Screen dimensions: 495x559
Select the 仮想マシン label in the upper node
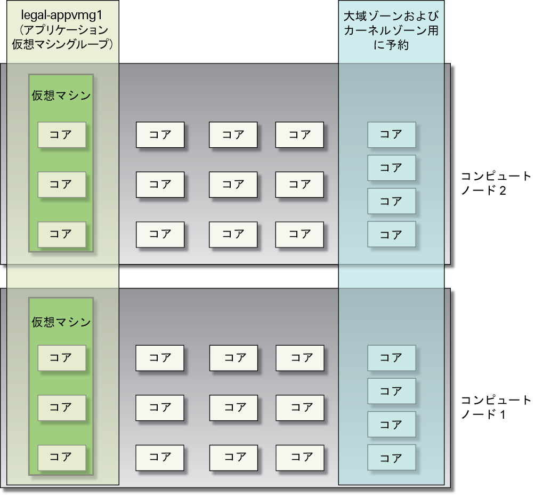pos(61,96)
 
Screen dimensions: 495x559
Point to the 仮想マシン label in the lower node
pos(61,322)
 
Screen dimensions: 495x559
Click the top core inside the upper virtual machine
pos(61,135)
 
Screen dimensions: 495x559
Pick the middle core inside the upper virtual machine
pos(61,185)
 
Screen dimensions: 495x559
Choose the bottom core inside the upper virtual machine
pos(61,234)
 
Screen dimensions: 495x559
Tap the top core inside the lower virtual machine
pos(61,358)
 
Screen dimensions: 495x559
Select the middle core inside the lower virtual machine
pos(61,408)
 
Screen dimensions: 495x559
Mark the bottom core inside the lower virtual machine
pos(61,457)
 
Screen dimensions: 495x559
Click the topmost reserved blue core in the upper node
pos(391,135)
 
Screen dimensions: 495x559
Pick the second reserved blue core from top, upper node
pos(391,168)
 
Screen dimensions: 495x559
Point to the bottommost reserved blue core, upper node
pos(391,234)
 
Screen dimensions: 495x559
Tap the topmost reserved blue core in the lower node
pos(391,358)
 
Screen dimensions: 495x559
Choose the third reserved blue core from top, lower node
pos(391,425)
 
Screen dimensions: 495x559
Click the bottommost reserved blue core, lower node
pos(391,458)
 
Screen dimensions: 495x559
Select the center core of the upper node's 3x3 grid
pos(233,185)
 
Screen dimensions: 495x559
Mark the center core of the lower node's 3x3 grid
pos(233,408)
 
